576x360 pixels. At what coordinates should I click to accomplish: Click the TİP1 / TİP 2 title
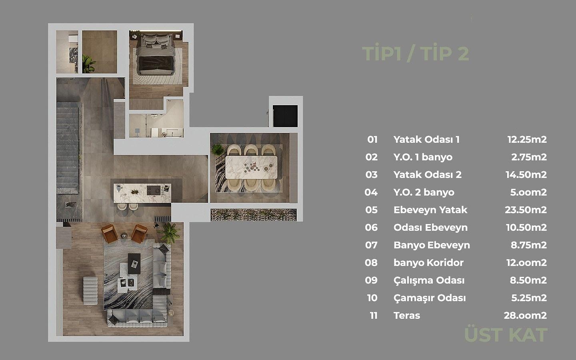416,54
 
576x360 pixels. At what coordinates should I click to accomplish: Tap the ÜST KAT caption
506,335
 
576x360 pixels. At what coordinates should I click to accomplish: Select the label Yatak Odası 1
426,140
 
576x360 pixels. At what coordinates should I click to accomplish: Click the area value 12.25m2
527,140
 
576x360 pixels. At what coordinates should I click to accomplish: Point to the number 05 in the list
371,210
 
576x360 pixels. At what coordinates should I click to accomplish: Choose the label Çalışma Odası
429,280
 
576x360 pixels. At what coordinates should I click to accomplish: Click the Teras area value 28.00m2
525,316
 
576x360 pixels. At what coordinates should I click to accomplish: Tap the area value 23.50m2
526,210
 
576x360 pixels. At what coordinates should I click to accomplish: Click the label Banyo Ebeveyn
432,245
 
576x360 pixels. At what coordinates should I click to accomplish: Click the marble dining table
251,167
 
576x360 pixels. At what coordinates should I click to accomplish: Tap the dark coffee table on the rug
134,264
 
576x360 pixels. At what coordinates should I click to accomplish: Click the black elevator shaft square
285,116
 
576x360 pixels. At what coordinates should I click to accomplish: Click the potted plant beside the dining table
218,150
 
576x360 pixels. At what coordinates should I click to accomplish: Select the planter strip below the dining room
254,215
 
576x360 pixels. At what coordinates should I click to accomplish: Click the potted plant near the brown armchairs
169,233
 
